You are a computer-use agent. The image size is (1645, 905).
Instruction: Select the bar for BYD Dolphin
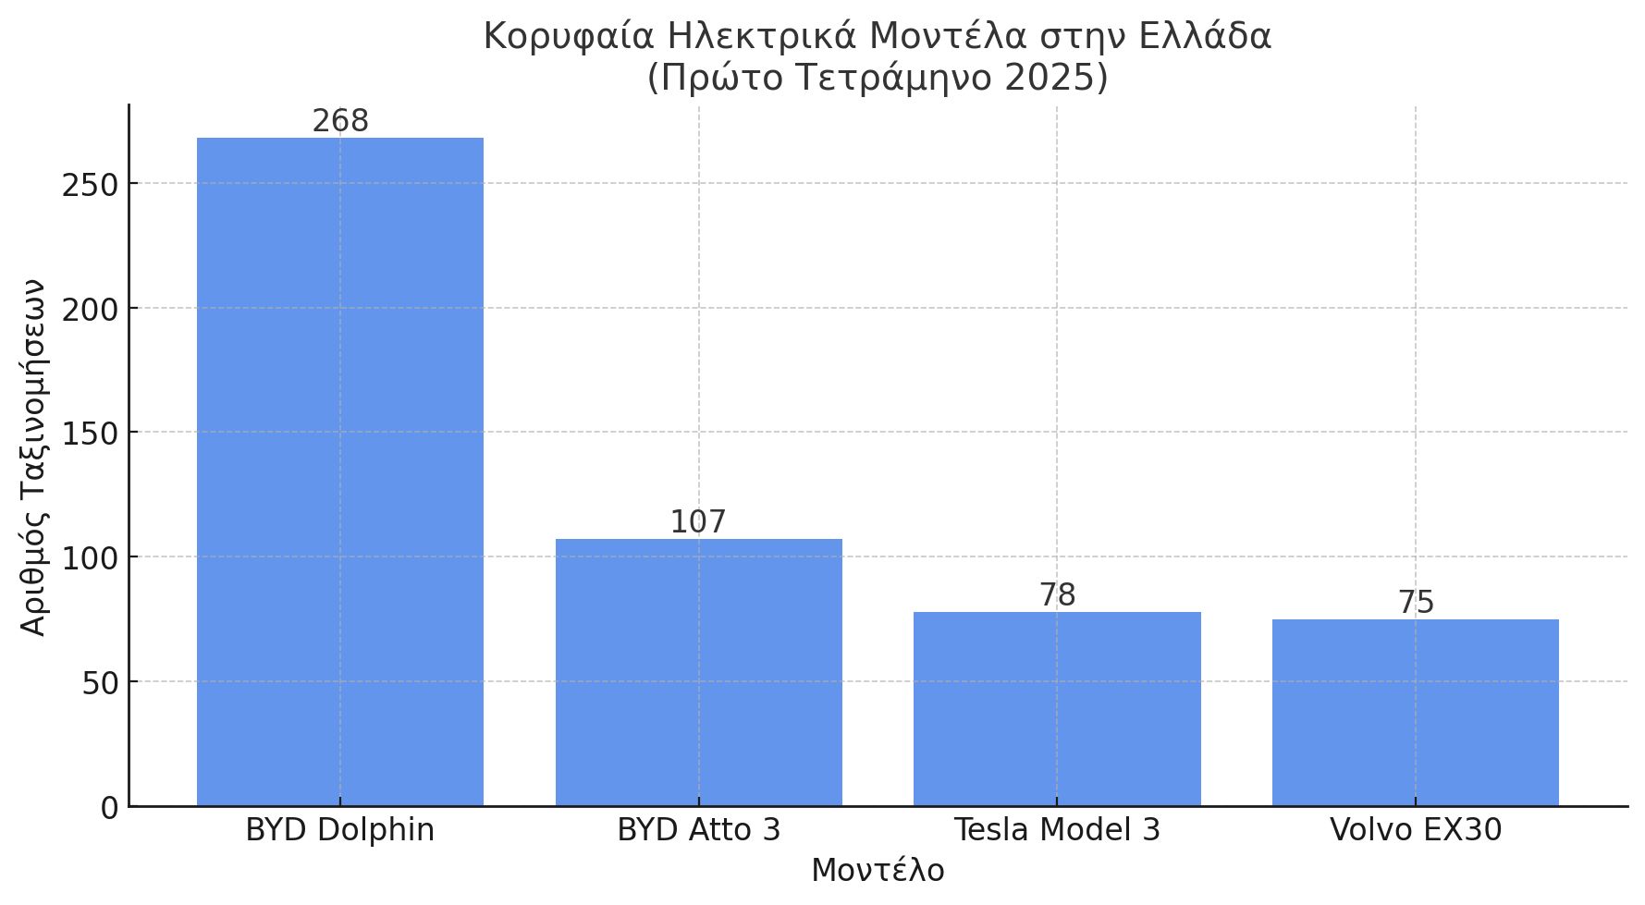click(339, 471)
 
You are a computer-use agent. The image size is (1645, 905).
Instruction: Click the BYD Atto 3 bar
click(698, 672)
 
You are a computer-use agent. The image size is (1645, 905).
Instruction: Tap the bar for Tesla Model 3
click(1057, 708)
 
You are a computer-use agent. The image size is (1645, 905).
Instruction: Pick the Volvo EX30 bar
click(1415, 712)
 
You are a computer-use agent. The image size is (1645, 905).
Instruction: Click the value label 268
click(339, 121)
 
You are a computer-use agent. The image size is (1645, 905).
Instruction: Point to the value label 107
click(698, 522)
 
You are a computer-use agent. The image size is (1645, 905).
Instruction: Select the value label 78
click(1057, 595)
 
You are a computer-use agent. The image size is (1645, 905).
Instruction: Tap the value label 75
click(1415, 603)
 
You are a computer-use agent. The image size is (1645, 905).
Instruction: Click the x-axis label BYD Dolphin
click(339, 830)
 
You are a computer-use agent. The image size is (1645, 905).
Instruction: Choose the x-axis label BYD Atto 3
click(698, 830)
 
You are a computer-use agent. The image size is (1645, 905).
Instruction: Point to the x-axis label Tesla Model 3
click(1057, 830)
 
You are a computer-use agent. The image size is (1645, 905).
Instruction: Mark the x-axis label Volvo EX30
click(1415, 830)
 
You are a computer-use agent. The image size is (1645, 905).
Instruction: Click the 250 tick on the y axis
click(91, 185)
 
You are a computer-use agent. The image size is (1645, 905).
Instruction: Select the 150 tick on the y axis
click(91, 434)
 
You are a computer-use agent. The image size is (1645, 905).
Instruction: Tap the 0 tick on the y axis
click(109, 808)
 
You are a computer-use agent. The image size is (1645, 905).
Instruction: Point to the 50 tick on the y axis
click(100, 683)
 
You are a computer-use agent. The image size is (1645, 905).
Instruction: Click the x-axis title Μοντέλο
click(878, 871)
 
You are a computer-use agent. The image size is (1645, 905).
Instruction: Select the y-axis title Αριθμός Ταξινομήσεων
click(33, 457)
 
